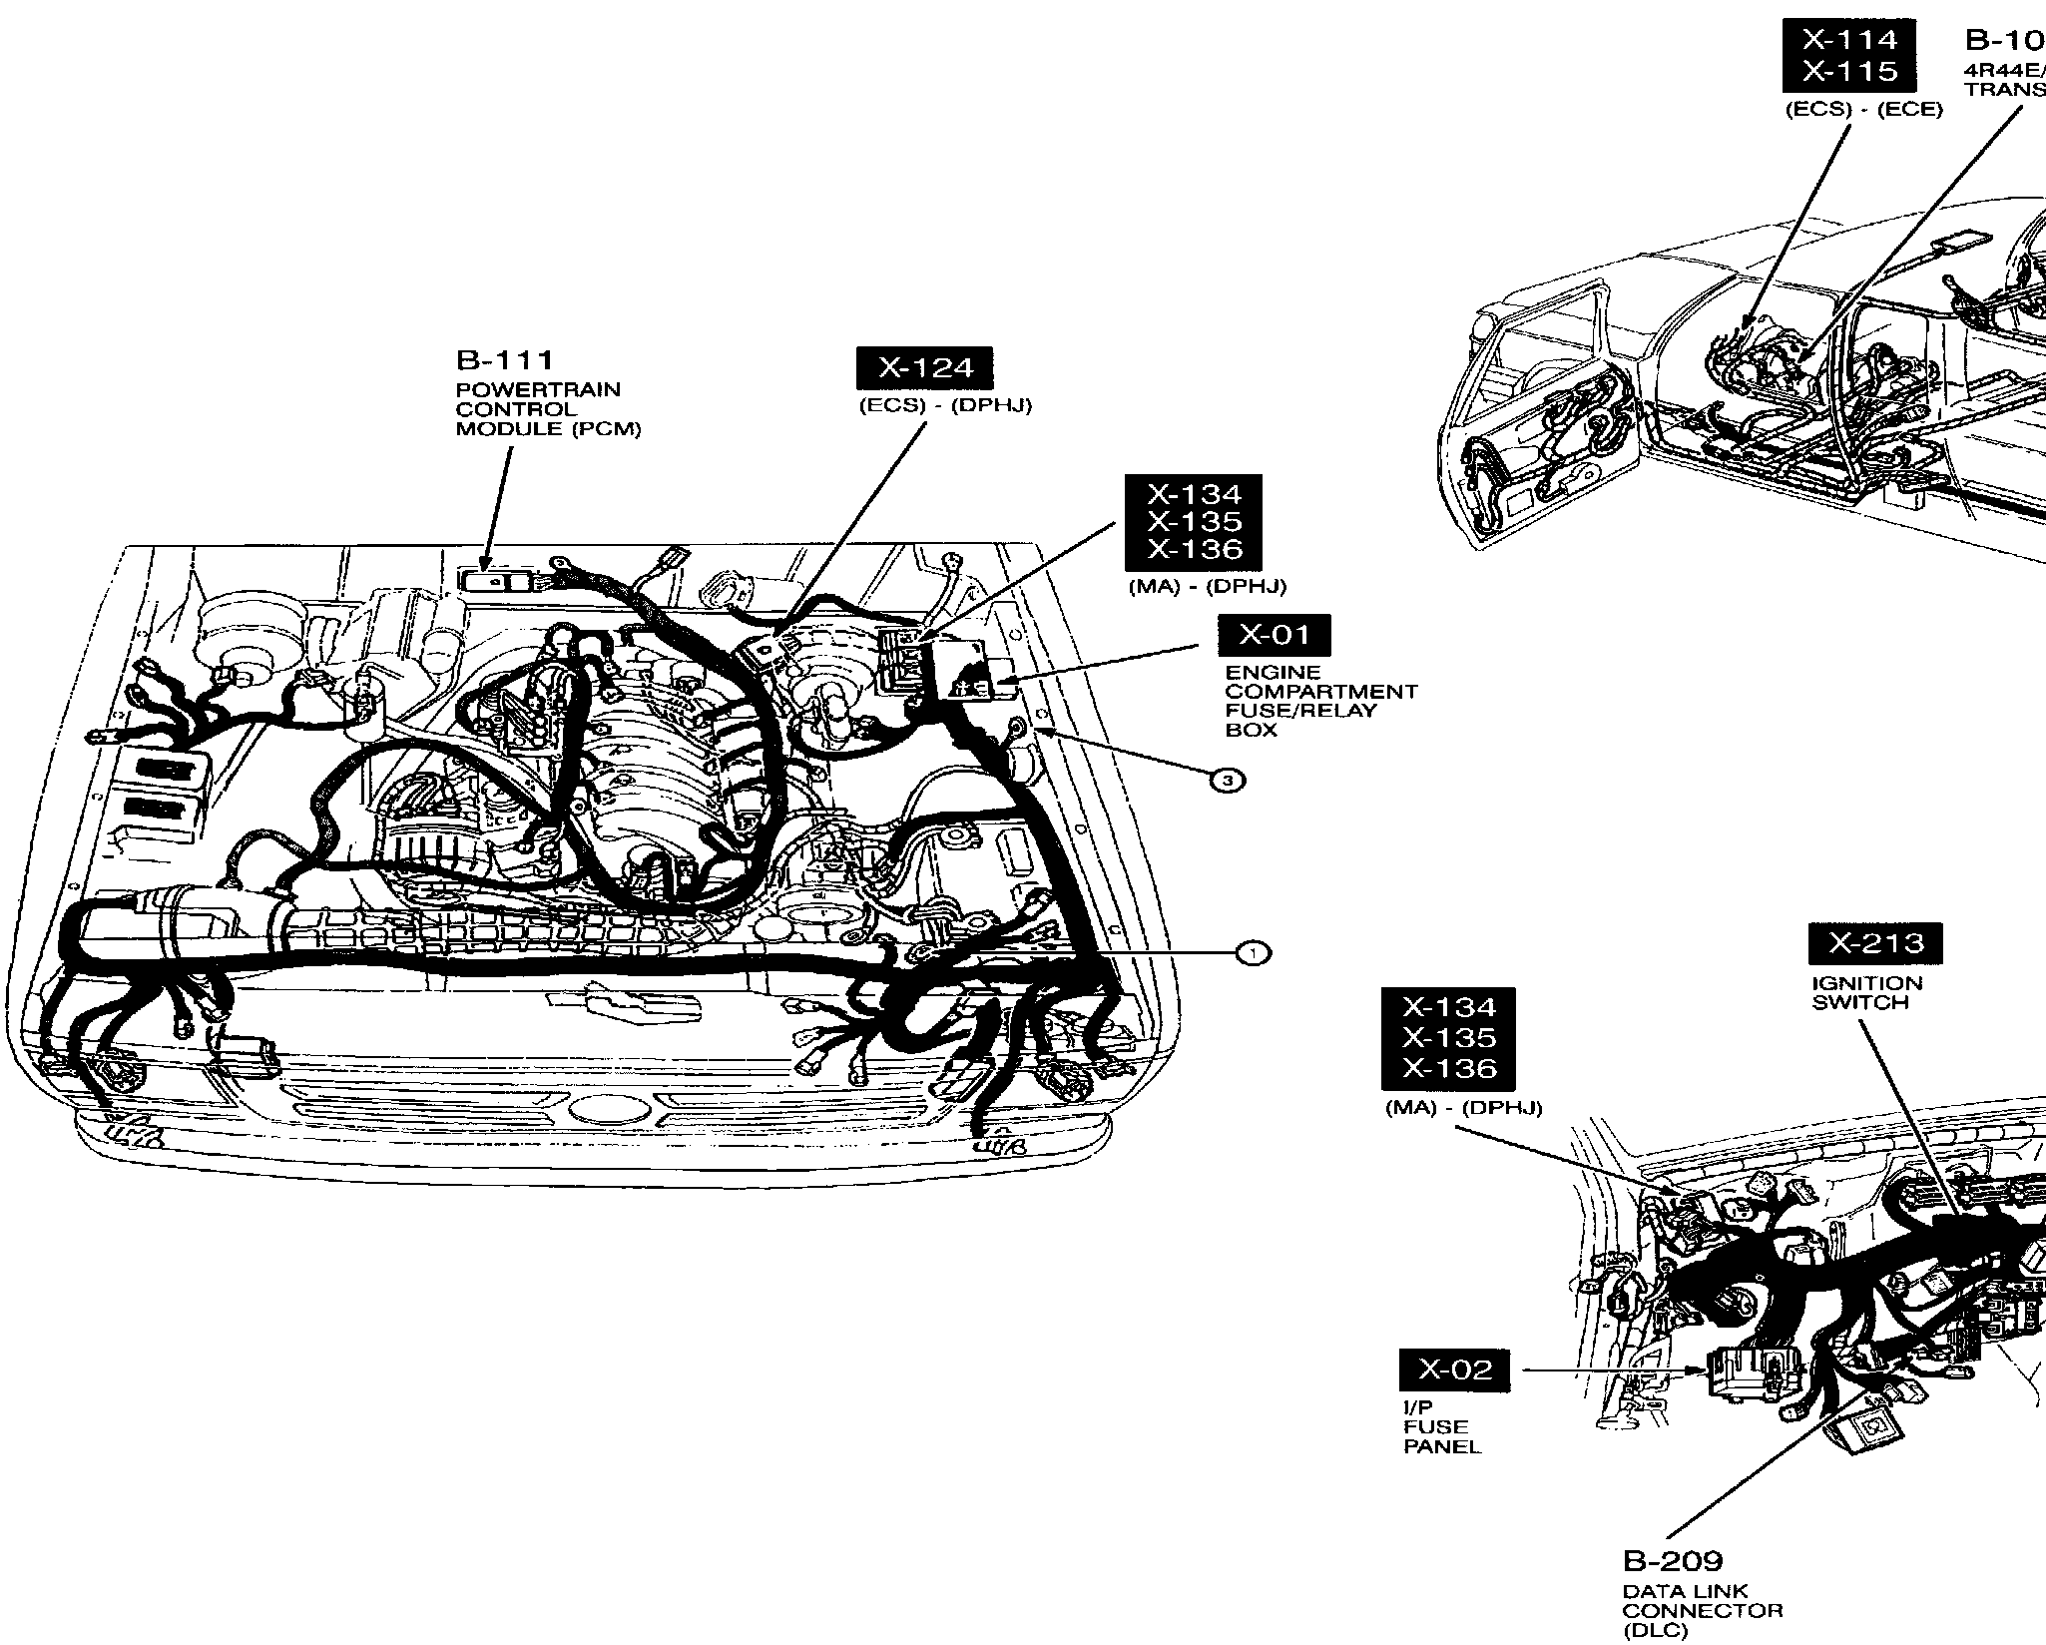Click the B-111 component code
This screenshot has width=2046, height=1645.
coord(504,360)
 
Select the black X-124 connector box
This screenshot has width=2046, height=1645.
coord(926,369)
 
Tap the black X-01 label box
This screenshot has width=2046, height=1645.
coord(1275,635)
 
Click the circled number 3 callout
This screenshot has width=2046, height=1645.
coord(1228,780)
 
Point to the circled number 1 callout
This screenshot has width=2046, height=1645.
coord(1253,954)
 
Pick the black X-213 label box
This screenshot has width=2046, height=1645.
coord(1876,943)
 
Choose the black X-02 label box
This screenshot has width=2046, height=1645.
coord(1455,1370)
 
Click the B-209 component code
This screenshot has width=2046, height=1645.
coord(1673,1560)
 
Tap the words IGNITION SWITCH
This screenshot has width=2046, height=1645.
coord(1866,992)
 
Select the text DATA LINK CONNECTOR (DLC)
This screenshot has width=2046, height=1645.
coord(1702,1611)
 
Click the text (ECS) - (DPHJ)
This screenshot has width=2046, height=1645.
coord(945,406)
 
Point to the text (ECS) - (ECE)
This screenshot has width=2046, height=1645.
coord(1863,109)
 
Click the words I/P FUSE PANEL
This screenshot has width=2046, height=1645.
coord(1441,1426)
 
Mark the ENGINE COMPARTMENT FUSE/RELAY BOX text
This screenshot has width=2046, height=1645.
coord(1320,701)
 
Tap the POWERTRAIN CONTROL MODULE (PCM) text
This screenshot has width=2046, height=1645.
coord(548,409)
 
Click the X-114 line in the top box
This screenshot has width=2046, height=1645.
coord(1849,40)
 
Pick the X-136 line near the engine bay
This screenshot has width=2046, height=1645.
coord(1194,549)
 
